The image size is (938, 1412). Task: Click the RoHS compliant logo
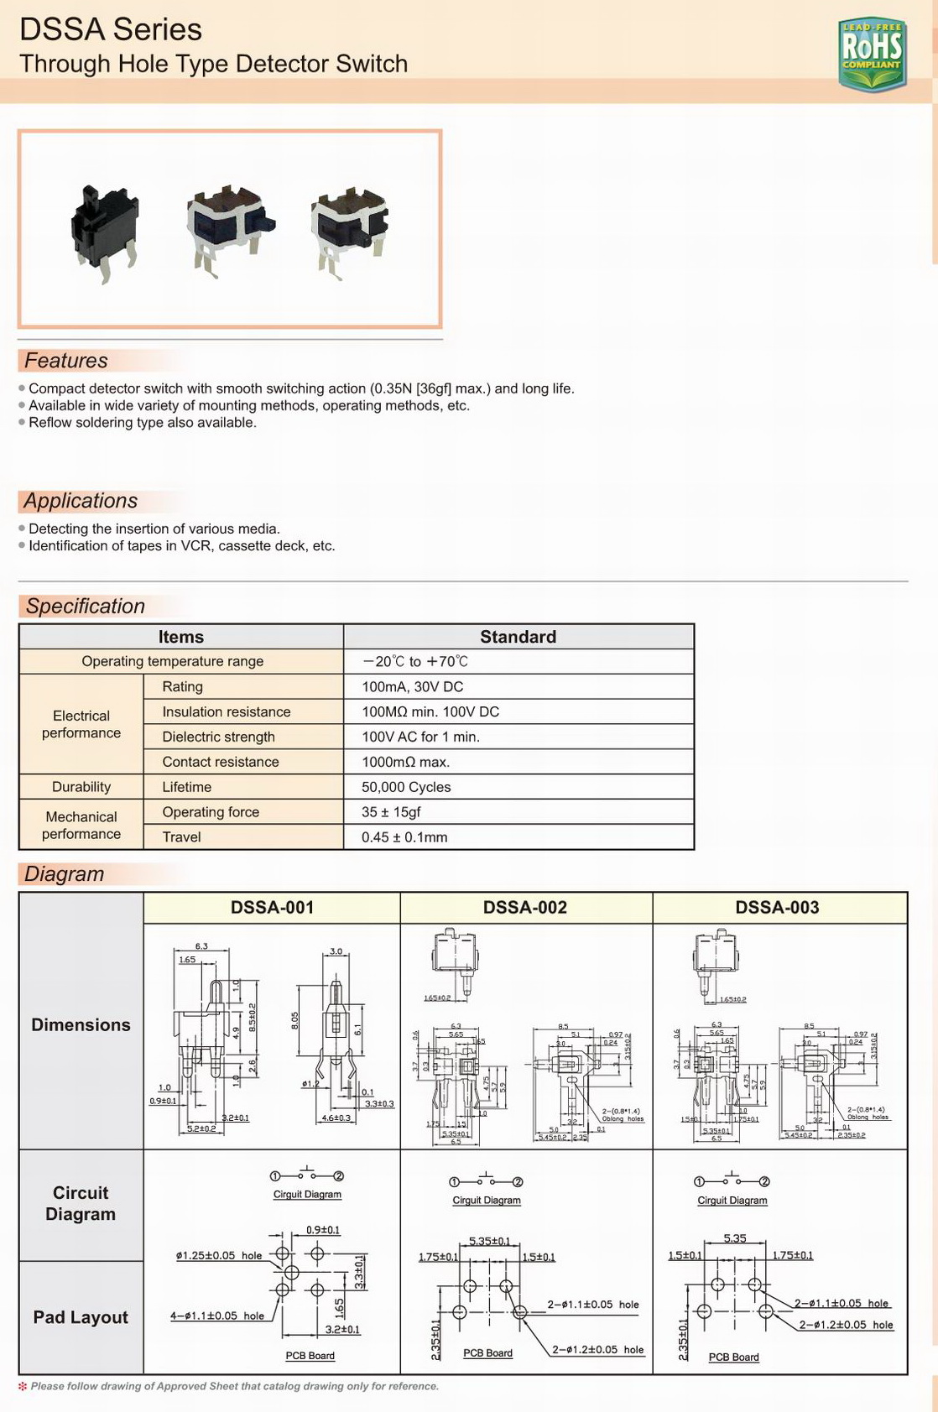pyautogui.click(x=872, y=54)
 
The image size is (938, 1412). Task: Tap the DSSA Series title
pyautogui.click(x=111, y=29)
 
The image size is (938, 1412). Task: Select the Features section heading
pyautogui.click(x=66, y=361)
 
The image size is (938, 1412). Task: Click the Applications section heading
pyautogui.click(x=81, y=501)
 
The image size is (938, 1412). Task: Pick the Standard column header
pyautogui.click(x=518, y=637)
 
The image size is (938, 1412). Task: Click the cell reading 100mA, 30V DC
pyautogui.click(x=412, y=686)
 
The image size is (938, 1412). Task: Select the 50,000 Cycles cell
pyautogui.click(x=406, y=787)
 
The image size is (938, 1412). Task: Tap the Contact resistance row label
pyautogui.click(x=221, y=762)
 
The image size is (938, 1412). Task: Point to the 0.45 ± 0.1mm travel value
pyautogui.click(x=404, y=837)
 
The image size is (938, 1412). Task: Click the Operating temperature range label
pyautogui.click(x=172, y=661)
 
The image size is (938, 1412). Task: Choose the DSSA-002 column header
pyautogui.click(x=525, y=908)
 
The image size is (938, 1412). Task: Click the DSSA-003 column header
pyautogui.click(x=778, y=908)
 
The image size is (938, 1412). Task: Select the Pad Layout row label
pyautogui.click(x=81, y=1317)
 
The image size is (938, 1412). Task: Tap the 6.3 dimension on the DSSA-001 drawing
pyautogui.click(x=201, y=946)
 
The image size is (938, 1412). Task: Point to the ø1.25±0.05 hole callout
pyautogui.click(x=219, y=1256)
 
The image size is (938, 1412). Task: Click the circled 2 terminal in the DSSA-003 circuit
pyautogui.click(x=764, y=1181)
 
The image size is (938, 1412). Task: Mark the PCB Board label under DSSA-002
pyautogui.click(x=487, y=1352)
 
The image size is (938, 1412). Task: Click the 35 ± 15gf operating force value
pyautogui.click(x=391, y=812)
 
